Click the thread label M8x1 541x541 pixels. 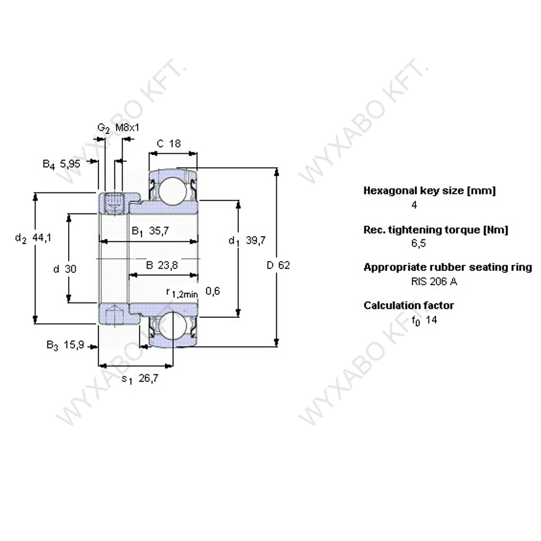tap(127, 128)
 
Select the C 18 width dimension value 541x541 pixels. tap(169, 144)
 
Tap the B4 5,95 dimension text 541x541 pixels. tap(61, 164)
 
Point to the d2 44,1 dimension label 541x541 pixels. tap(33, 238)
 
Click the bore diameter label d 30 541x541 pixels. tap(65, 269)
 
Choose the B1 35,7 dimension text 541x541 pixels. tap(151, 231)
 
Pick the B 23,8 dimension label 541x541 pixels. tap(162, 265)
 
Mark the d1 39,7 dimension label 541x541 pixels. tap(247, 240)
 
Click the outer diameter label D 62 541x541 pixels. tap(278, 265)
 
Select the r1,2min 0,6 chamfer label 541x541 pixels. tap(193, 292)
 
